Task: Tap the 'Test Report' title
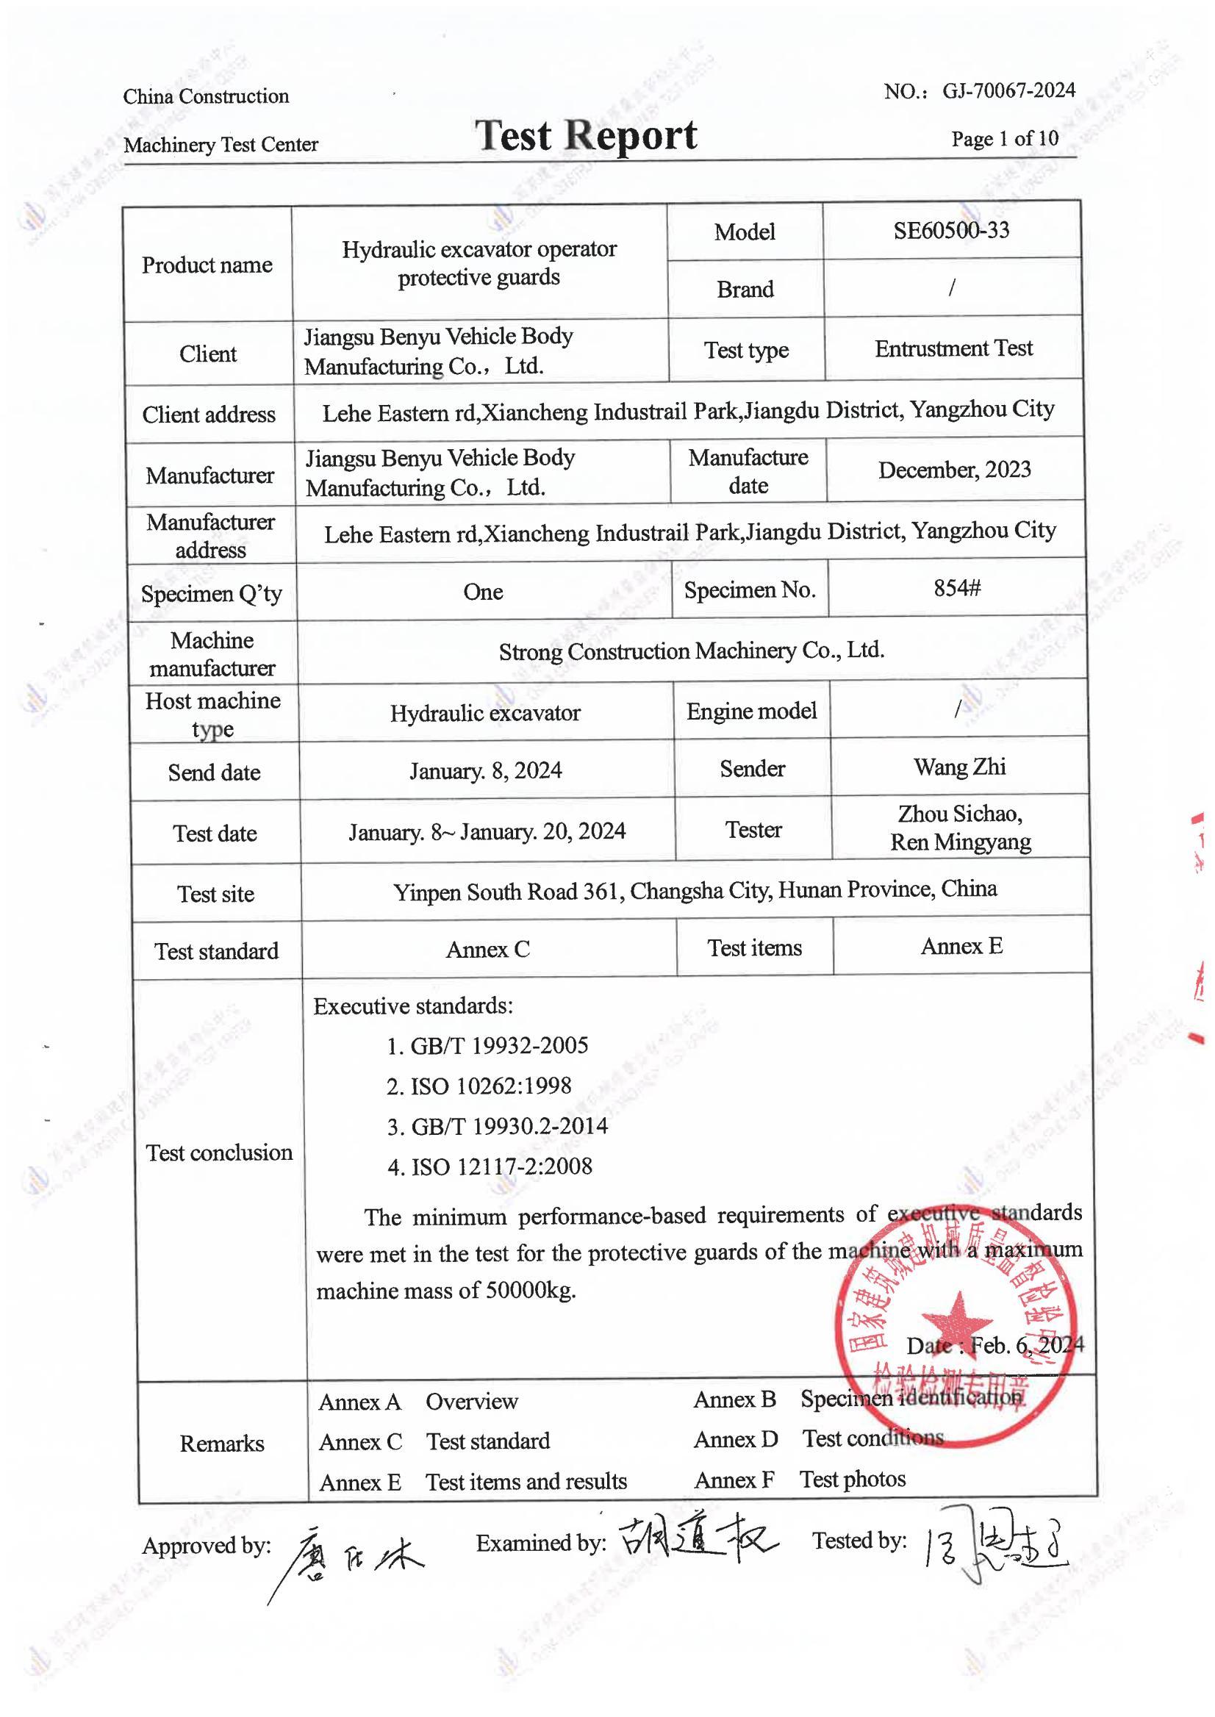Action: coord(586,136)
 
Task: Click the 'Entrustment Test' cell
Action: coord(953,348)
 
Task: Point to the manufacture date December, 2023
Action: coord(954,470)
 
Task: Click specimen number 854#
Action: coord(956,588)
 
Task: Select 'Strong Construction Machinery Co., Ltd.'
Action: coord(691,651)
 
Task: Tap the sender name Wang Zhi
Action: coord(959,767)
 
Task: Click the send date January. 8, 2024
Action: coord(486,770)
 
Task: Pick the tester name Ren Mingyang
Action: coord(960,842)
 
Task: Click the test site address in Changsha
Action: coord(695,890)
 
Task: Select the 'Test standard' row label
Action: coord(216,951)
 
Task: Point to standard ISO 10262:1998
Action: coord(490,1086)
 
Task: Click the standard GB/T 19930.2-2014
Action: coord(509,1126)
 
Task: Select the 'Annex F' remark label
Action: coord(734,1480)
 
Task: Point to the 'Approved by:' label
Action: coord(207,1545)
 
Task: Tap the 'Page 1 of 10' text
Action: coord(1004,138)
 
